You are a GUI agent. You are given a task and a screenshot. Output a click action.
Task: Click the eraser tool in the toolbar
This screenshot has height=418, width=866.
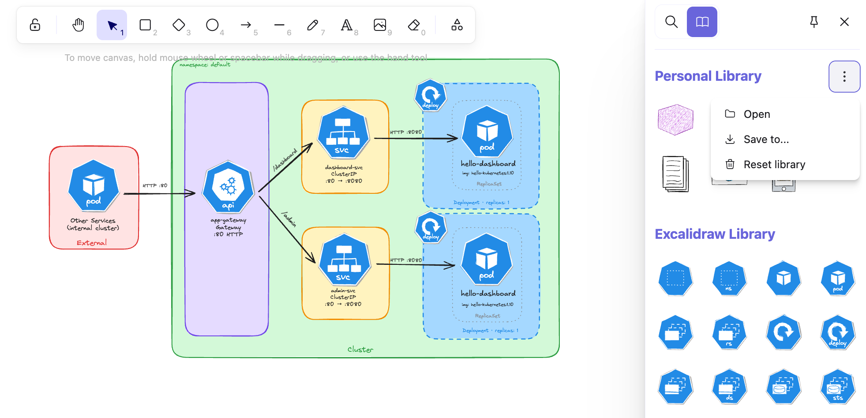[x=414, y=25]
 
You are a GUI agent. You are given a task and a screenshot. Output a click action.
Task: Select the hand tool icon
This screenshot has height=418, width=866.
[x=78, y=25]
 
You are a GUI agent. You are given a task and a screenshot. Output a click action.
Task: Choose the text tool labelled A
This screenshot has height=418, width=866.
[x=346, y=25]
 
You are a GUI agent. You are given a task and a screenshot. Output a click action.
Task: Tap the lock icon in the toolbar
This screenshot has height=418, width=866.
[x=35, y=25]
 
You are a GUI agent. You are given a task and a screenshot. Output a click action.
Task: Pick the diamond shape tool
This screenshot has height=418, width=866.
[x=179, y=25]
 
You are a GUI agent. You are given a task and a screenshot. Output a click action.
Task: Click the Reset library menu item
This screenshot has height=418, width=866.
[x=774, y=165]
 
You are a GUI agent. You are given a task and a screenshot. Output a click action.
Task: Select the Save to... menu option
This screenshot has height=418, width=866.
[x=766, y=139]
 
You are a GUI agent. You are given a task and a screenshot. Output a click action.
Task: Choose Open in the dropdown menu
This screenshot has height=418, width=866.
[x=757, y=114]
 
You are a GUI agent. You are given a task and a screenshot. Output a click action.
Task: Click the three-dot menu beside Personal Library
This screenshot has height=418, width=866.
[x=844, y=76]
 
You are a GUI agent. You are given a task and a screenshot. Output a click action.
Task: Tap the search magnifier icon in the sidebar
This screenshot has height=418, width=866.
[x=671, y=22]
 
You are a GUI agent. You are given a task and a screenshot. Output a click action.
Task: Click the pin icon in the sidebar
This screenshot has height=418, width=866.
[x=814, y=22]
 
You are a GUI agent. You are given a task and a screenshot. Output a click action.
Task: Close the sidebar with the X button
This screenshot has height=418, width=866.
[x=844, y=22]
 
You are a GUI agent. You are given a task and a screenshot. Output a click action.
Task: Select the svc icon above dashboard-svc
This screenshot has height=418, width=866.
[x=343, y=133]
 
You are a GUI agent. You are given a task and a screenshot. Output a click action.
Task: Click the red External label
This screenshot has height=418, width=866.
[x=92, y=243]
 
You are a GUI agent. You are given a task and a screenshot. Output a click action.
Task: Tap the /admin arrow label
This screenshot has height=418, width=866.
[x=289, y=219]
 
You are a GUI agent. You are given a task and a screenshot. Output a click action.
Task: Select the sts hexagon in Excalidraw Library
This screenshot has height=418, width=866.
[x=837, y=387]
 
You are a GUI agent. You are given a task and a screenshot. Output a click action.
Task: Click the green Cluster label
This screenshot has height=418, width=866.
[x=360, y=350]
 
